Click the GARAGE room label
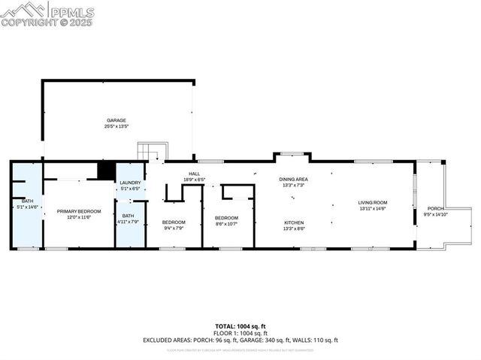coord(116,120)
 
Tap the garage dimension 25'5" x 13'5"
coord(116,126)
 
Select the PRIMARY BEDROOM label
coord(79,211)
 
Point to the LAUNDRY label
coord(130,183)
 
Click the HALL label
coord(194,174)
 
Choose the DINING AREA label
coord(294,179)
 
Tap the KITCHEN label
coord(294,222)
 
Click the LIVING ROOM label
coord(372,202)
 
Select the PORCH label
coord(435,208)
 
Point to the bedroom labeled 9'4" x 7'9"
coord(174,222)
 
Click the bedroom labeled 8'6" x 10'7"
coord(226,218)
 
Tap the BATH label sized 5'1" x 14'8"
coord(27,201)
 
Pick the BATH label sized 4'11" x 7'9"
coord(129,216)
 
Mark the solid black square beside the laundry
coord(107,171)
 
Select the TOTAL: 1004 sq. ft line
coord(240,326)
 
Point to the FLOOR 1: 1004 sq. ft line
coord(240,333)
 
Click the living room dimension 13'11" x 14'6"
coord(372,208)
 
